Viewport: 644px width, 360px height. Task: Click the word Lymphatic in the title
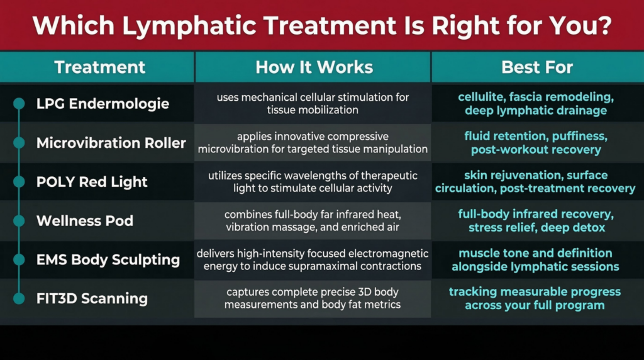(189, 26)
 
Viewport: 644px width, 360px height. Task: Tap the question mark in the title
(603, 25)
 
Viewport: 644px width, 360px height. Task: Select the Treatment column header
(100, 67)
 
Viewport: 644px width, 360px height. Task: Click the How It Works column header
(314, 67)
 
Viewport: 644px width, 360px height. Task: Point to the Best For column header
(537, 67)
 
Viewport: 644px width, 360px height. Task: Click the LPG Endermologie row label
(103, 104)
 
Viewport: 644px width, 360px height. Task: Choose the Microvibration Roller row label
(111, 143)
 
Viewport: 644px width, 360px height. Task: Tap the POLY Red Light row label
(92, 182)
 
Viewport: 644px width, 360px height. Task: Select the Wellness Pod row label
(85, 221)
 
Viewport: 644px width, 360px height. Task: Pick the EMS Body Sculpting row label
(108, 260)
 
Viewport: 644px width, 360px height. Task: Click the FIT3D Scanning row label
(92, 298)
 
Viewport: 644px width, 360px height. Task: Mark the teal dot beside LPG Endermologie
(19, 104)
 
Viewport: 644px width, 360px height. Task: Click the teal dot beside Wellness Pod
(19, 221)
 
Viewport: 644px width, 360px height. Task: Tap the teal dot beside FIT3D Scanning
(19, 298)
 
